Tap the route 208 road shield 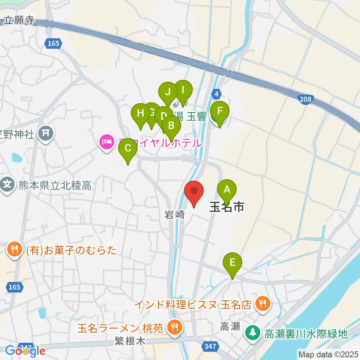305,99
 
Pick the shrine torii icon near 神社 46,133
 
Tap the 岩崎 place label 175,215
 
